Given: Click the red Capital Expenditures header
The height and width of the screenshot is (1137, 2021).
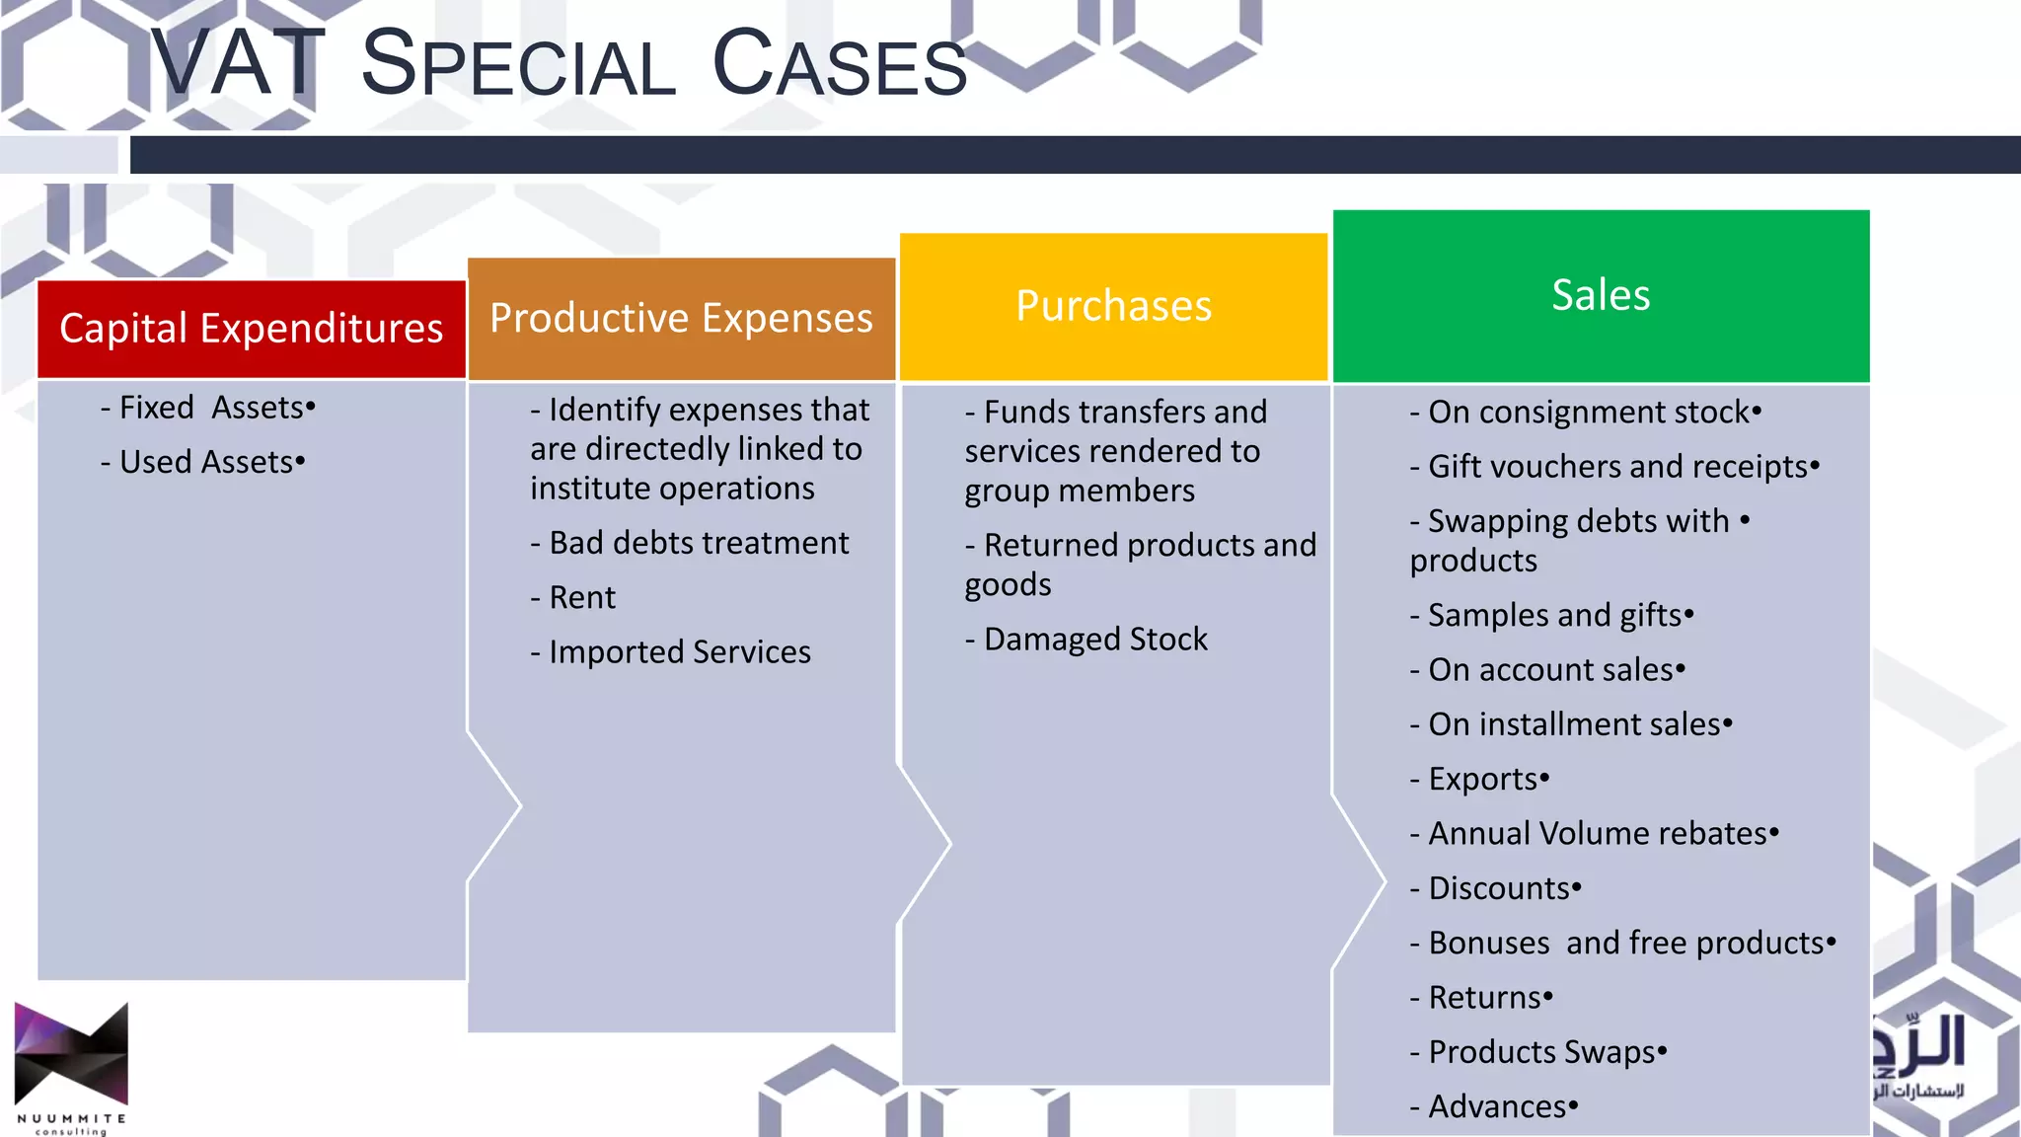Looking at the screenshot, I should point(252,329).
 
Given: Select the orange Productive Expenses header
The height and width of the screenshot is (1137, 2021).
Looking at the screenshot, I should point(681,319).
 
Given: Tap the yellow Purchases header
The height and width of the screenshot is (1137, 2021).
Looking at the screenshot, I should point(1113,306).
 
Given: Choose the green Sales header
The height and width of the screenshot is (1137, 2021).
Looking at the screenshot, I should point(1601,295).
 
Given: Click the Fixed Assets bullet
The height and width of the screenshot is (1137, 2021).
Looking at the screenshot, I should point(207,408).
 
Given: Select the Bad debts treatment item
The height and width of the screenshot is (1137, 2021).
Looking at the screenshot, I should point(689,543).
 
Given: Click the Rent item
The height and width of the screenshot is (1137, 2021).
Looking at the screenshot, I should point(572,597).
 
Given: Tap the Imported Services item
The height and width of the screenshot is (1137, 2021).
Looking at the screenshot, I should point(670,651).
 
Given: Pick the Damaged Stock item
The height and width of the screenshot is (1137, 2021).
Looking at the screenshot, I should point(1085,640).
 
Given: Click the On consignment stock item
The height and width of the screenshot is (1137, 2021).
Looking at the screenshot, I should point(1585,412).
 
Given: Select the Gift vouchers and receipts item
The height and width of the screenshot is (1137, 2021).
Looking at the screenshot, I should point(1614,466).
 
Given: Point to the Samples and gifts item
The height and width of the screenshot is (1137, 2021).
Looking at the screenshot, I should point(1551,615).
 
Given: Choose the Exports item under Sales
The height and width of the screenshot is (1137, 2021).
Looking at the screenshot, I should point(1479,779).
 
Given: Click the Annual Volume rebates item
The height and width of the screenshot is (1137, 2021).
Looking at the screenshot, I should point(1594,834).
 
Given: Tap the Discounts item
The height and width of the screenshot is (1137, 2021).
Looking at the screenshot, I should point(1495,888).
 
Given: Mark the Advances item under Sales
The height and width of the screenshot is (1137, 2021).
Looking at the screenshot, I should point(1493,1106).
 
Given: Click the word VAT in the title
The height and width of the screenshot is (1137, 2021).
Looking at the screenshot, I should point(237,64).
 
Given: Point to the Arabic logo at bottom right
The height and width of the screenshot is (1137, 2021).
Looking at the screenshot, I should point(1918,1056).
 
